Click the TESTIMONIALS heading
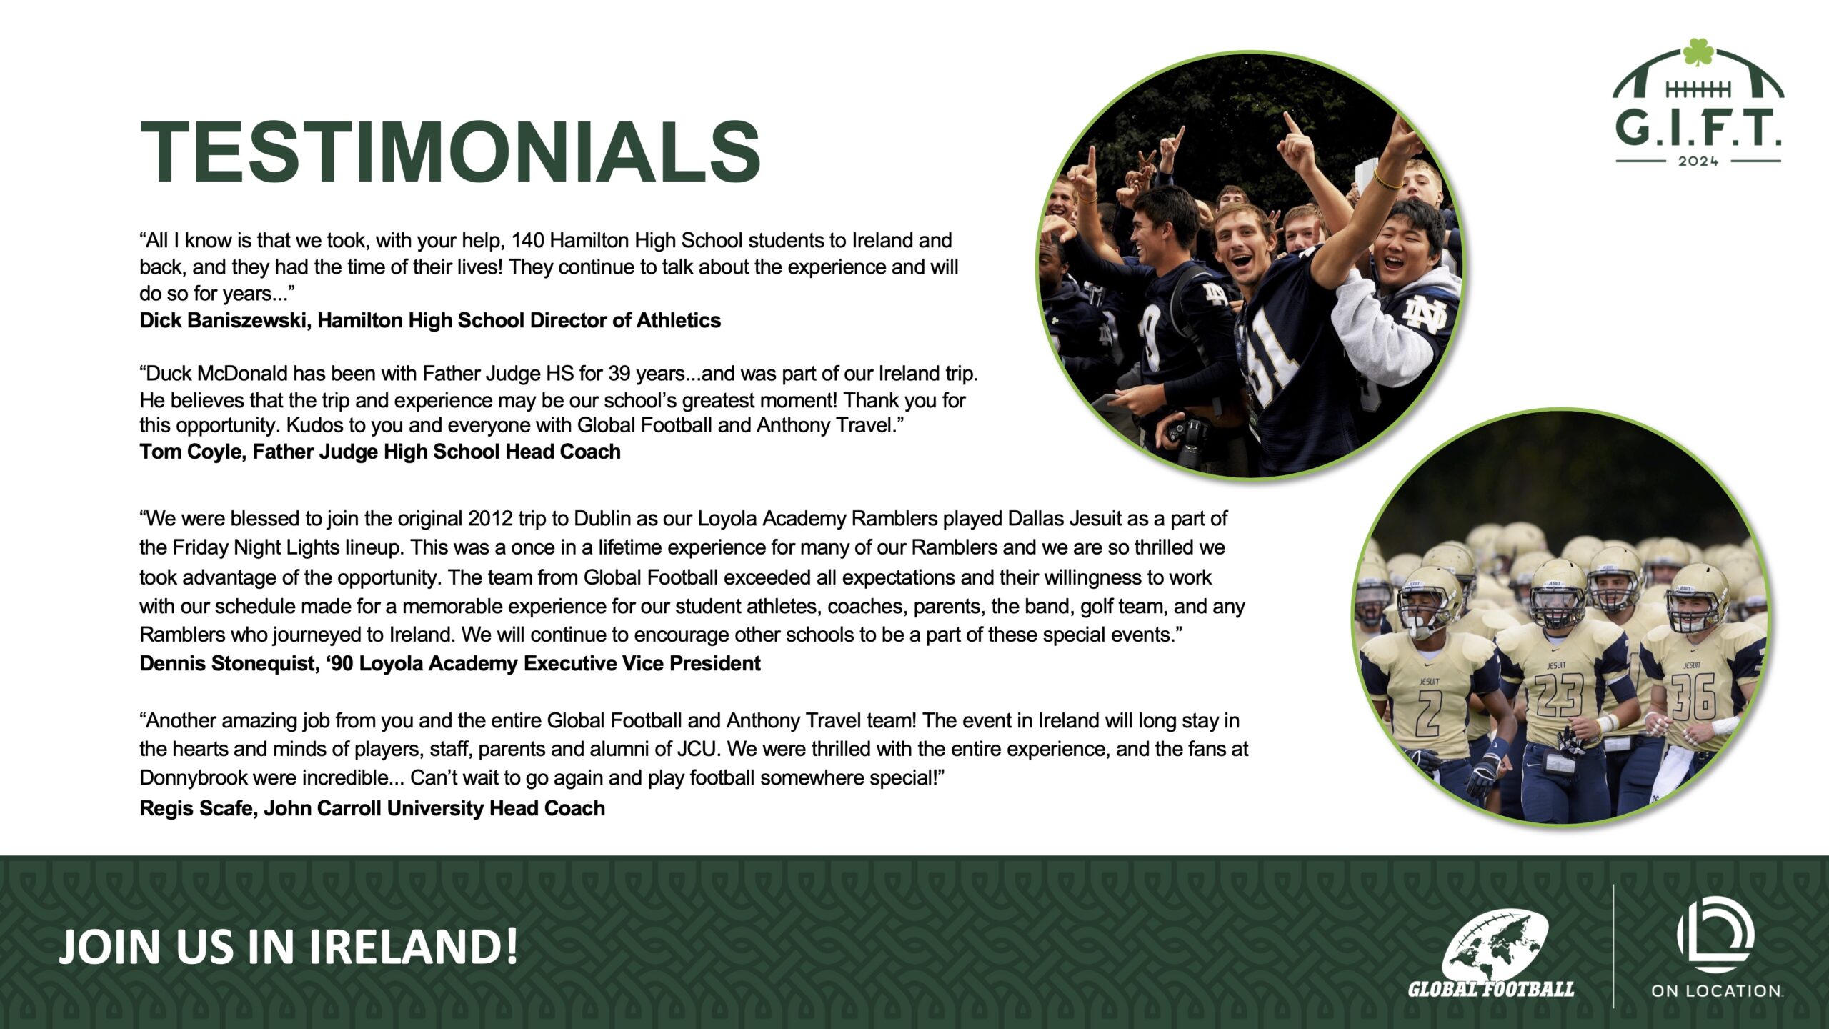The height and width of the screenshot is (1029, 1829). click(x=450, y=152)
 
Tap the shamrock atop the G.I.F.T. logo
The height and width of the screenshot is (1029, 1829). click(x=1698, y=52)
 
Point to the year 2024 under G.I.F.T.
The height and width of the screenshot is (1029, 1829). click(x=1698, y=161)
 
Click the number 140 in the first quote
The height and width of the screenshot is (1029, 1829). click(x=527, y=241)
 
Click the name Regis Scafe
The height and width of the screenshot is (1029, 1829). click(x=196, y=808)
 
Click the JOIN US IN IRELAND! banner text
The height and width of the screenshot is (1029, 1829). click(x=288, y=946)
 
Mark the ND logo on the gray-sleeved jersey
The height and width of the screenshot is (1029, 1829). click(x=1425, y=314)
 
